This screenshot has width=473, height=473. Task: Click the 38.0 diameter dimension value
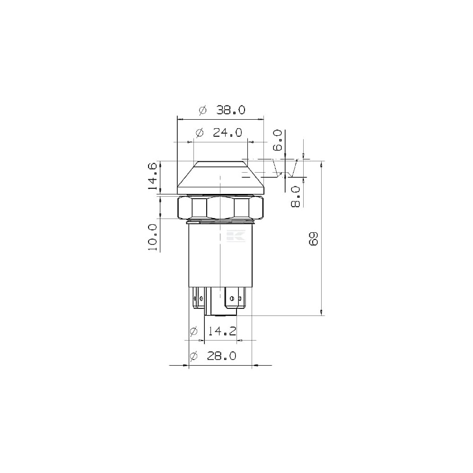(x=231, y=110)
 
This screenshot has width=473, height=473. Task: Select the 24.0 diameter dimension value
(x=228, y=132)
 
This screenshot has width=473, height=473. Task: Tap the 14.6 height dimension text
(x=153, y=176)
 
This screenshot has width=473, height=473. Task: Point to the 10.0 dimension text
(x=153, y=237)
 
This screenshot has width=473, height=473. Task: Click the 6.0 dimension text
(x=277, y=140)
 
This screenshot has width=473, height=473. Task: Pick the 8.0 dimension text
(x=296, y=196)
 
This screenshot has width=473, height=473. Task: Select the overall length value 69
(x=314, y=238)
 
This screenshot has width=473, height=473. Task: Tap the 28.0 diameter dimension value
(x=222, y=356)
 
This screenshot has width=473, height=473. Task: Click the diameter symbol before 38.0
(x=203, y=110)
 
